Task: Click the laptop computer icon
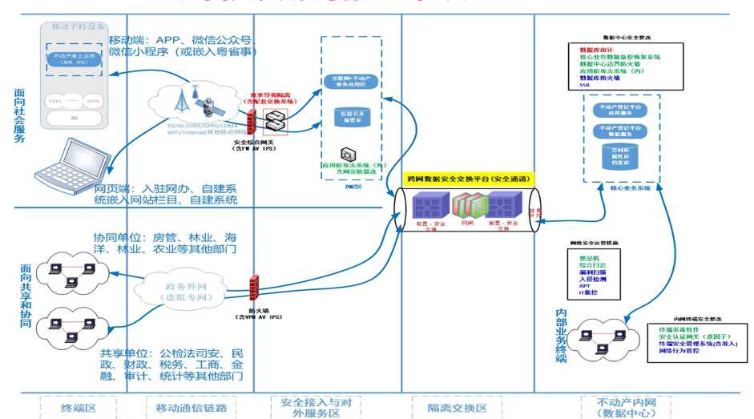click(x=64, y=165)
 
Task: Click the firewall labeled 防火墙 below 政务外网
click(x=255, y=288)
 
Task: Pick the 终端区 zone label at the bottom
click(x=79, y=408)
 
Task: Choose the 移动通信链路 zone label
click(x=191, y=408)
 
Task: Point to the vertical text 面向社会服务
click(x=20, y=115)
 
